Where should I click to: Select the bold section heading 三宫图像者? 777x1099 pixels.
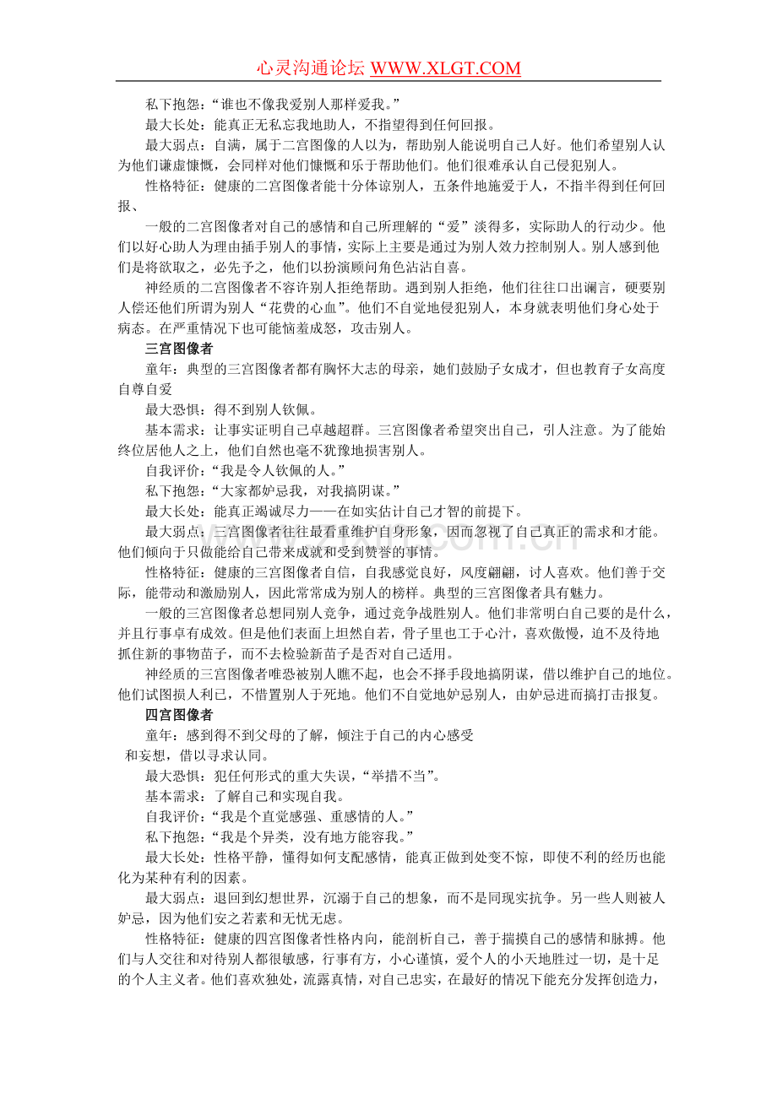coord(178,348)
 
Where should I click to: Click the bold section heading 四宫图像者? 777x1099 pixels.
coord(178,715)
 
